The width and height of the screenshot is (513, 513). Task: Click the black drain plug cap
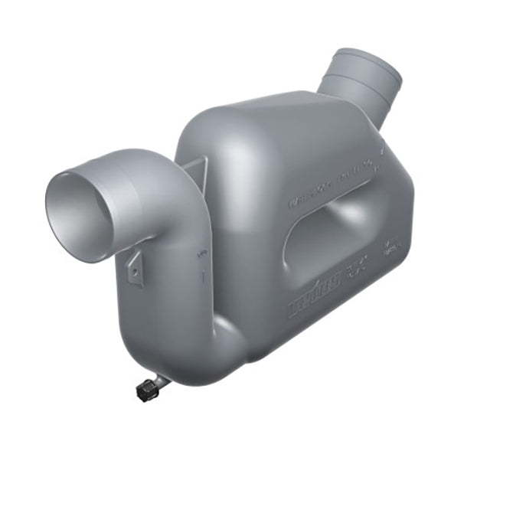(x=147, y=390)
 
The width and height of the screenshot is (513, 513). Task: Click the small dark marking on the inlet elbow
(x=202, y=256)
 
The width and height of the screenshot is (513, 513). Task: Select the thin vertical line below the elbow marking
(x=203, y=277)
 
